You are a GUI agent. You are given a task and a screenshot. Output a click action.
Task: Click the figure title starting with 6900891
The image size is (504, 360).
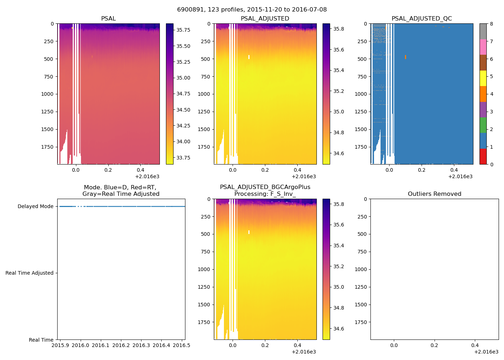(252, 10)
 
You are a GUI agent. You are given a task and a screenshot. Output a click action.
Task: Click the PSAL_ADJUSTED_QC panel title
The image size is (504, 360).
(422, 19)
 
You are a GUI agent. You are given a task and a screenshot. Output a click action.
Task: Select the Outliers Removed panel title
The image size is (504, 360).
(434, 194)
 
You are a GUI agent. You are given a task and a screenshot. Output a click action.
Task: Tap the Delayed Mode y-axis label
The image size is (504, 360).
(35, 207)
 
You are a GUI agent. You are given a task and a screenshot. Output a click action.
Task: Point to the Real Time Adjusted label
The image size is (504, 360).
(30, 273)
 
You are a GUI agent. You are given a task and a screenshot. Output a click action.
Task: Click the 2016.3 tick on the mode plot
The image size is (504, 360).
(141, 346)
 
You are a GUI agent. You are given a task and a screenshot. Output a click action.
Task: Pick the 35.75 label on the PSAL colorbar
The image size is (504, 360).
(183, 30)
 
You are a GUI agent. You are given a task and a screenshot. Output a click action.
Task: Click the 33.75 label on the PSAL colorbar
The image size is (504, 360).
(183, 158)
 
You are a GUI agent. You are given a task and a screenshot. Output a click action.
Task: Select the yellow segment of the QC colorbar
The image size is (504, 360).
(483, 78)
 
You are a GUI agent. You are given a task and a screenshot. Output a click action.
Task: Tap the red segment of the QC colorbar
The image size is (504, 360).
(483, 157)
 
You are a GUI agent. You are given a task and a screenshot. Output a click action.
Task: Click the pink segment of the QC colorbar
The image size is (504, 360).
(483, 47)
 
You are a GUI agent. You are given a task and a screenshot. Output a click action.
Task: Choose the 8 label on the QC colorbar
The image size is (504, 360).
(491, 24)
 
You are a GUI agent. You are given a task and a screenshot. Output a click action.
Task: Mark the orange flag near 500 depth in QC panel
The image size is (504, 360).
(405, 57)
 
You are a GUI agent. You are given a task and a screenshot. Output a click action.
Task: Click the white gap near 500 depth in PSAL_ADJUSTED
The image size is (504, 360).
(249, 57)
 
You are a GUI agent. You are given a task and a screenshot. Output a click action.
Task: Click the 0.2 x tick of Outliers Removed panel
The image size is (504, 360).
(435, 346)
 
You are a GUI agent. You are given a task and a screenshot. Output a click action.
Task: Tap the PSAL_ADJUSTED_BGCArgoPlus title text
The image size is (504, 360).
(265, 187)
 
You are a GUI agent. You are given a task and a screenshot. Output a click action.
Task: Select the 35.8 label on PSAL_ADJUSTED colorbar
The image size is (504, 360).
(338, 29)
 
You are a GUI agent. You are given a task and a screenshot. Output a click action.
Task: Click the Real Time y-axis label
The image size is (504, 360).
(41, 340)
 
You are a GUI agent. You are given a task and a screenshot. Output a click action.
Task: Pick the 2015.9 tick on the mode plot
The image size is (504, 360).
(60, 346)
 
